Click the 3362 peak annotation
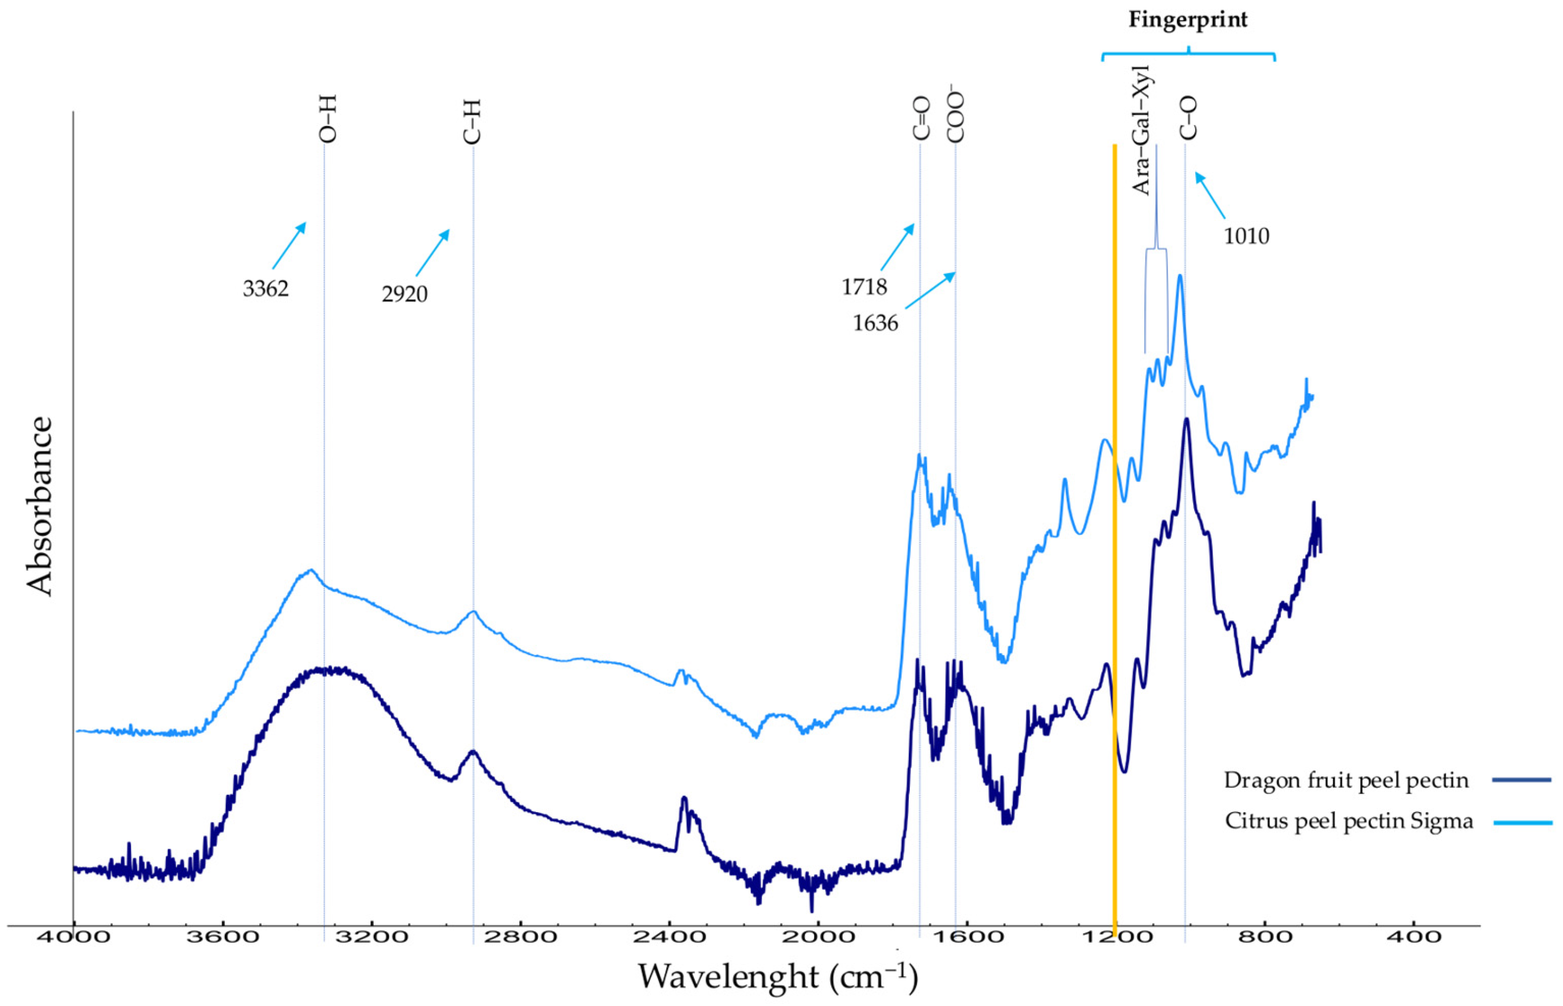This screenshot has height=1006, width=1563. point(265,288)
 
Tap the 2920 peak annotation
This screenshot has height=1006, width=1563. point(405,294)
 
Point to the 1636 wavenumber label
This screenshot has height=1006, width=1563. point(875,323)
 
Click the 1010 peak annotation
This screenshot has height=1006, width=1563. point(1246,236)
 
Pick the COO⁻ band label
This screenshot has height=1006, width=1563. point(956,117)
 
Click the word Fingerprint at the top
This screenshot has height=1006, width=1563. point(1188,19)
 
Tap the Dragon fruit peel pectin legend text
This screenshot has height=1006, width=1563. point(1346,780)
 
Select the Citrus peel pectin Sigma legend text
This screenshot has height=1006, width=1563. point(1349,820)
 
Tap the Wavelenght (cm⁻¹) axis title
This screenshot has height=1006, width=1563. point(778,977)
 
